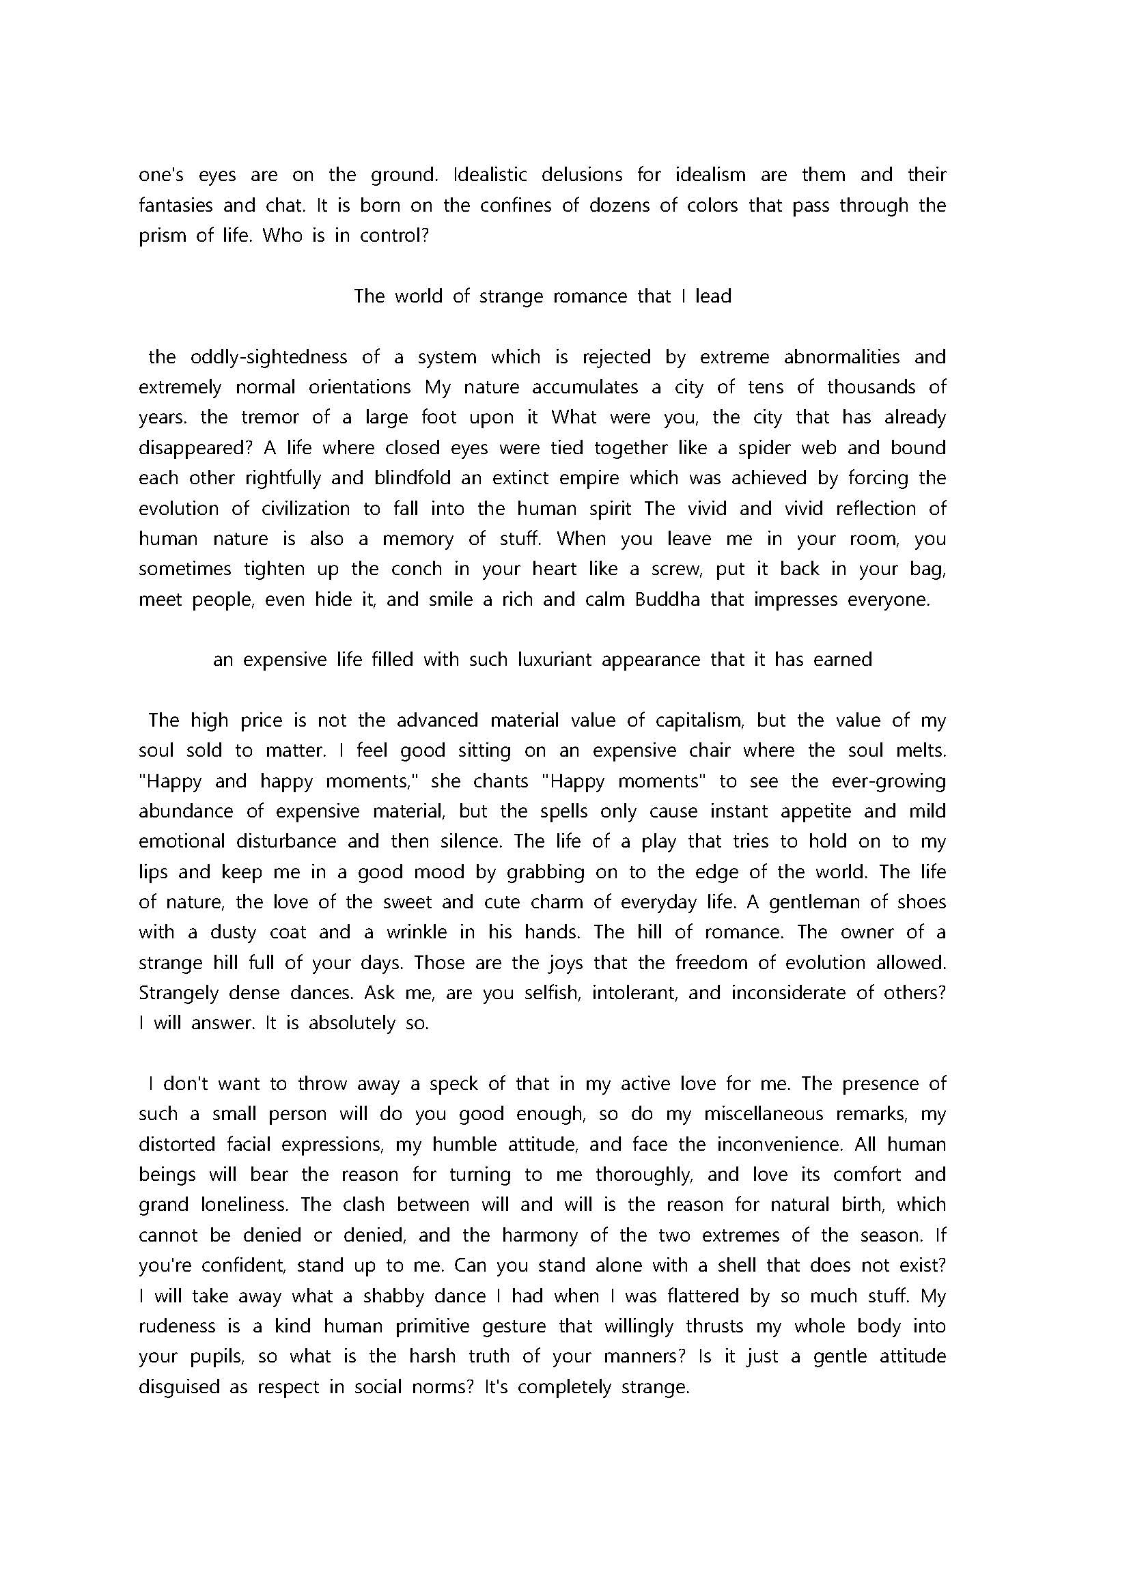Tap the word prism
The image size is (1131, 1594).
pos(163,236)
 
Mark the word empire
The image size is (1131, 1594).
pos(583,479)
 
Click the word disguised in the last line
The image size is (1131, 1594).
pos(179,1387)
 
